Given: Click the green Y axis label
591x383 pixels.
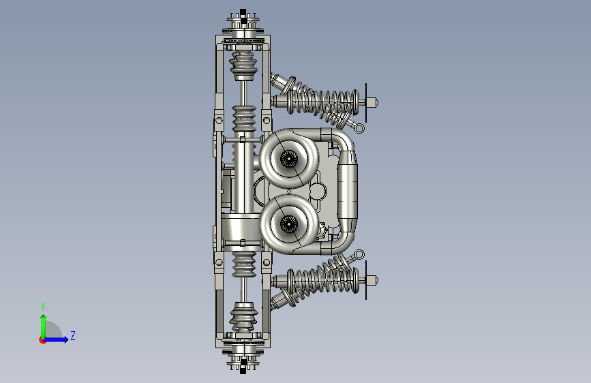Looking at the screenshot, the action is [43, 307].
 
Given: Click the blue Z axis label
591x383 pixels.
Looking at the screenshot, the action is [73, 335].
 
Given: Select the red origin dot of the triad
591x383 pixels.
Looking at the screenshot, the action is [42, 340].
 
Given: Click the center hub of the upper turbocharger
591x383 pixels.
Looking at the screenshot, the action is [289, 159].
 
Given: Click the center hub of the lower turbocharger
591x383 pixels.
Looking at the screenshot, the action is [289, 224].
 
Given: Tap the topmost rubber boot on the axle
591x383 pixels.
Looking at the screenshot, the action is [244, 65].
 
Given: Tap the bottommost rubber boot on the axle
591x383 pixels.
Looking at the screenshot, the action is [244, 318].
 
